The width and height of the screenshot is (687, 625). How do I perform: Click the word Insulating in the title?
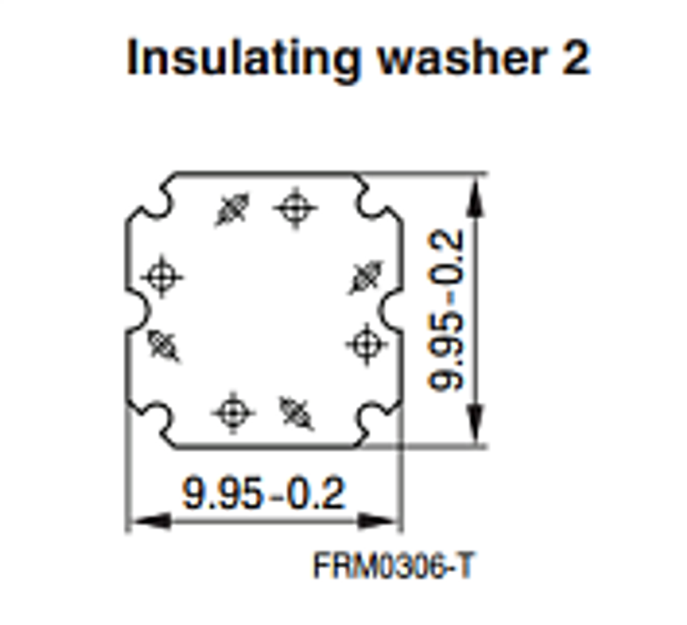(243, 59)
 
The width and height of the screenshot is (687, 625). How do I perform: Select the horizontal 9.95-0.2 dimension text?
(264, 494)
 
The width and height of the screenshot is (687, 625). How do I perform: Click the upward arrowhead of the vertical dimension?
(476, 199)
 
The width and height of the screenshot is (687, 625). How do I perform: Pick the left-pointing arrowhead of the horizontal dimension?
(150, 521)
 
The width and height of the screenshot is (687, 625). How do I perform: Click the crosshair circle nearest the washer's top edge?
(295, 207)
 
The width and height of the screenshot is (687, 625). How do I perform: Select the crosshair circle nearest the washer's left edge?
(161, 277)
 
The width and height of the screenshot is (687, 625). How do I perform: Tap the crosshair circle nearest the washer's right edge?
(366, 344)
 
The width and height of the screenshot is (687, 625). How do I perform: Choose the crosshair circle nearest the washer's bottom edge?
(233, 413)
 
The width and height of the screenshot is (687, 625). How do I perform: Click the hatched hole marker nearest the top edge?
(233, 209)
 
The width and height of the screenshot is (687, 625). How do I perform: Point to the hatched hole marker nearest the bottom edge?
(297, 413)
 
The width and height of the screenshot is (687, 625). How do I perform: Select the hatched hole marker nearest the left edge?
(163, 345)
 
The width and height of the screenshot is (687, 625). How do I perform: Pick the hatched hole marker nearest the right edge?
(366, 277)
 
